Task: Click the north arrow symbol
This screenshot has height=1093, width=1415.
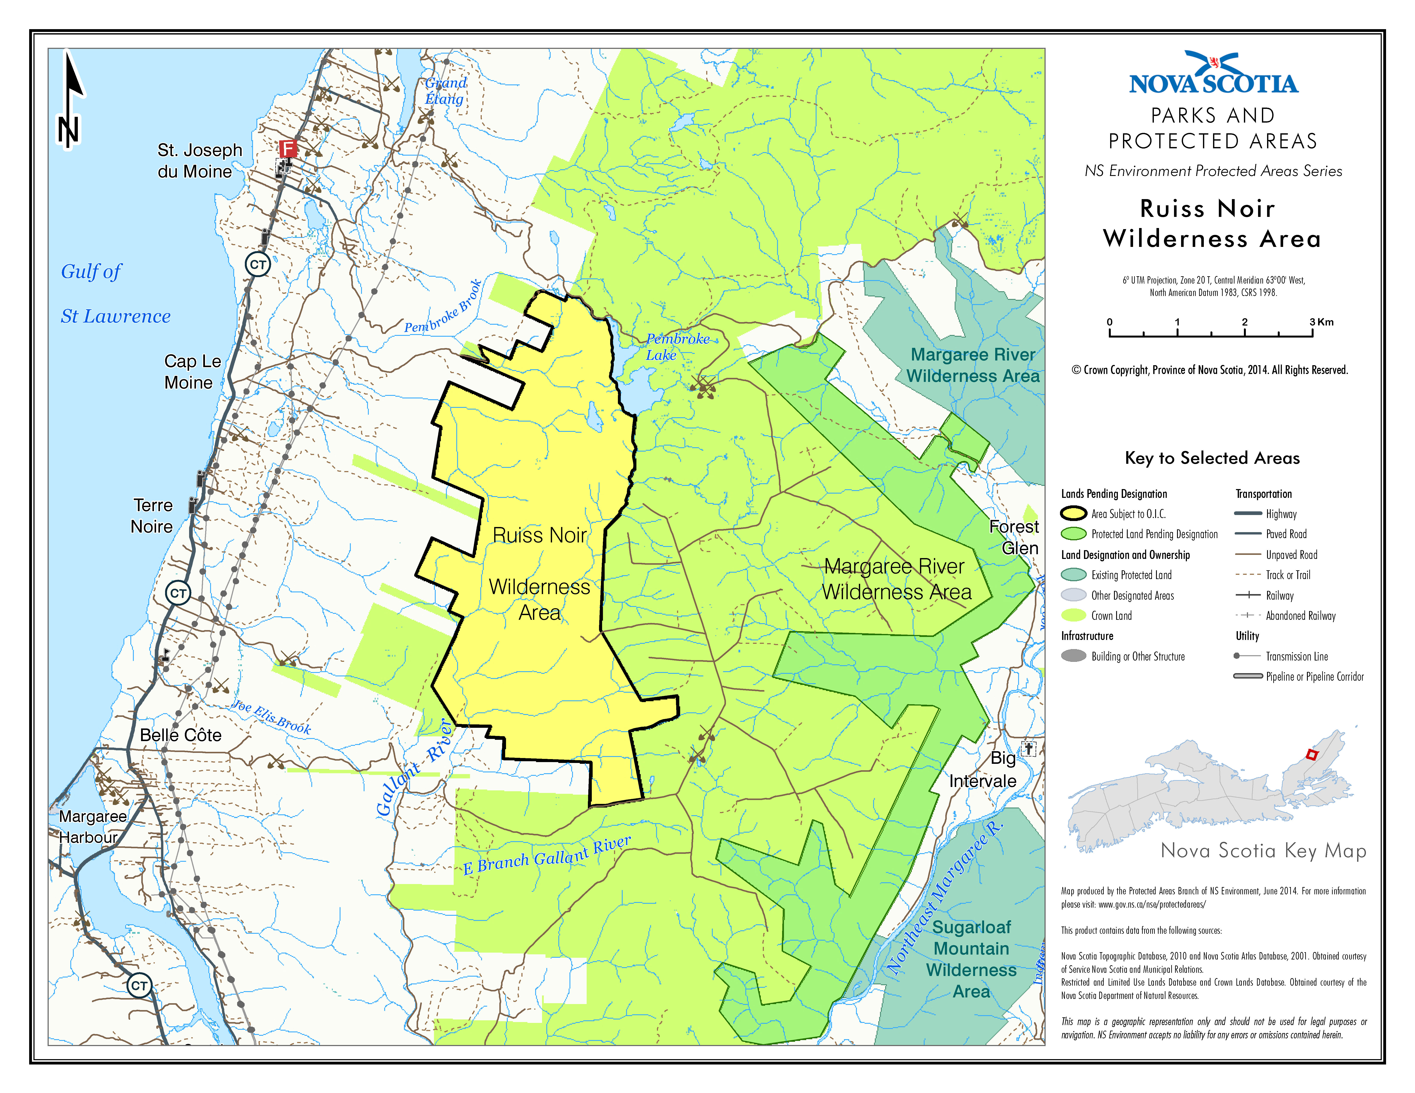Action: (70, 100)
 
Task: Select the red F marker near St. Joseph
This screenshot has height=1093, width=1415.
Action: (288, 148)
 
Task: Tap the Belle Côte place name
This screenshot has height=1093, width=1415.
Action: (181, 735)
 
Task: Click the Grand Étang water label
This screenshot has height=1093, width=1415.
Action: (445, 91)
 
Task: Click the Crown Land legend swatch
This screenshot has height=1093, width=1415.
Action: (1073, 615)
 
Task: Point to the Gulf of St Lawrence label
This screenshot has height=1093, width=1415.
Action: (115, 294)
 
